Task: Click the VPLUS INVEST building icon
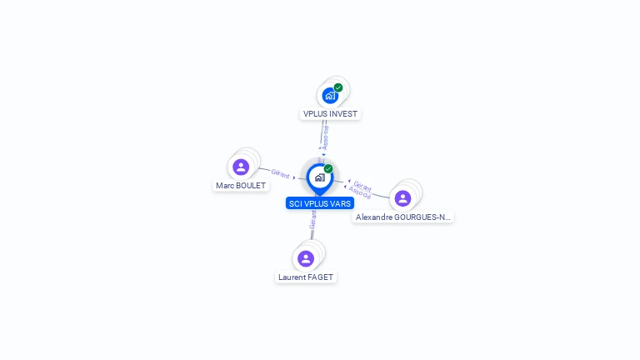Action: [330, 96]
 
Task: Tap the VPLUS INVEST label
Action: [331, 113]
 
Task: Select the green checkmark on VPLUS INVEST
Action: [338, 87]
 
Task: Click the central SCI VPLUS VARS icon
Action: [319, 177]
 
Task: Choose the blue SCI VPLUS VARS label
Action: [320, 203]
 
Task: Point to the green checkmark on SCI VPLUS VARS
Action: [328, 168]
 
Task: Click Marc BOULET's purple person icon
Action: [241, 167]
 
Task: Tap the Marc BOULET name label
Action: [241, 185]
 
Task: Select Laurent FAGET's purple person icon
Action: [306, 258]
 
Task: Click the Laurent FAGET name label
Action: [306, 277]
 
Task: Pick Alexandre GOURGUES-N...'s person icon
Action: [402, 198]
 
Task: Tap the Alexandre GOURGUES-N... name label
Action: [402, 217]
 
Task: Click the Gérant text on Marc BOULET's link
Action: [280, 174]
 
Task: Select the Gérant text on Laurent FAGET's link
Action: [313, 218]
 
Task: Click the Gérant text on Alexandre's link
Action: [362, 184]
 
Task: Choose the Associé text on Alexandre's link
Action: [359, 191]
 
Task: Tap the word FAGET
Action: [321, 277]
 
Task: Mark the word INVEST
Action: [344, 113]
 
